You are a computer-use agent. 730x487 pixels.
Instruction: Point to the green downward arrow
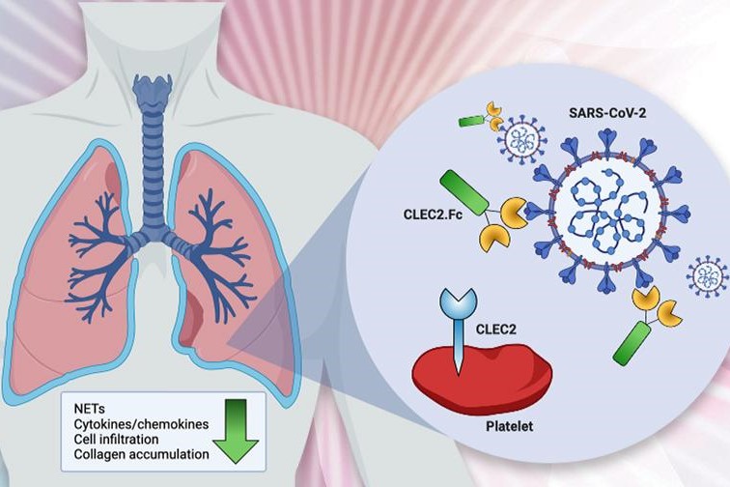tap(236, 421)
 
